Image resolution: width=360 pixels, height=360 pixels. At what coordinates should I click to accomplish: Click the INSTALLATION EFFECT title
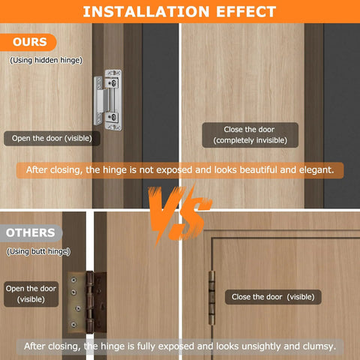tap(179, 11)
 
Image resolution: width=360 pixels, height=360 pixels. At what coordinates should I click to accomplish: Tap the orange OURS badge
tap(29, 42)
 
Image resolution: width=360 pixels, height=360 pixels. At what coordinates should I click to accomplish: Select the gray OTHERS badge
tap(31, 232)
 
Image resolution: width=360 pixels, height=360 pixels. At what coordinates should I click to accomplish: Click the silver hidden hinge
tap(110, 101)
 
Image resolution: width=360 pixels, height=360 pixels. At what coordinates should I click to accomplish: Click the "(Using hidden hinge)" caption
tap(46, 60)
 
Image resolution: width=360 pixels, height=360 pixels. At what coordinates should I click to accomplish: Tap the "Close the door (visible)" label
tap(272, 297)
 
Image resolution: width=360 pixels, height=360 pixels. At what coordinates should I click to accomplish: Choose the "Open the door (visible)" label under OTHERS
tap(31, 294)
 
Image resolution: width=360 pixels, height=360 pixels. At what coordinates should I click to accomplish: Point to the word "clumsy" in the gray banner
tap(318, 346)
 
